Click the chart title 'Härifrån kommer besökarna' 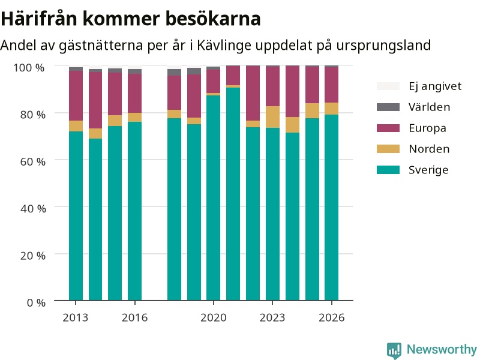tap(131, 19)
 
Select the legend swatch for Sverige tap(388, 170)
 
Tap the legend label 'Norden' tap(429, 149)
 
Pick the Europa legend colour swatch tap(388, 128)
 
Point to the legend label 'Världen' tap(429, 107)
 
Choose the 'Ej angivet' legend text tap(435, 86)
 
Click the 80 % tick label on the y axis tap(33, 115)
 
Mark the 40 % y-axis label tap(33, 208)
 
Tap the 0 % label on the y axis tap(36, 303)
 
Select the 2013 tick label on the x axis tap(76, 318)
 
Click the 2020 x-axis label tap(214, 318)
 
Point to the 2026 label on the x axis tap(332, 318)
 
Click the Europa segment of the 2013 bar tap(76, 96)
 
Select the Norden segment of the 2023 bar tap(272, 117)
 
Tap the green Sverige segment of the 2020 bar tap(214, 198)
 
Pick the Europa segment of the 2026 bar tap(332, 85)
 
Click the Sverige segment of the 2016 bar tap(134, 211)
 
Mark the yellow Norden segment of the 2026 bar tap(332, 109)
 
